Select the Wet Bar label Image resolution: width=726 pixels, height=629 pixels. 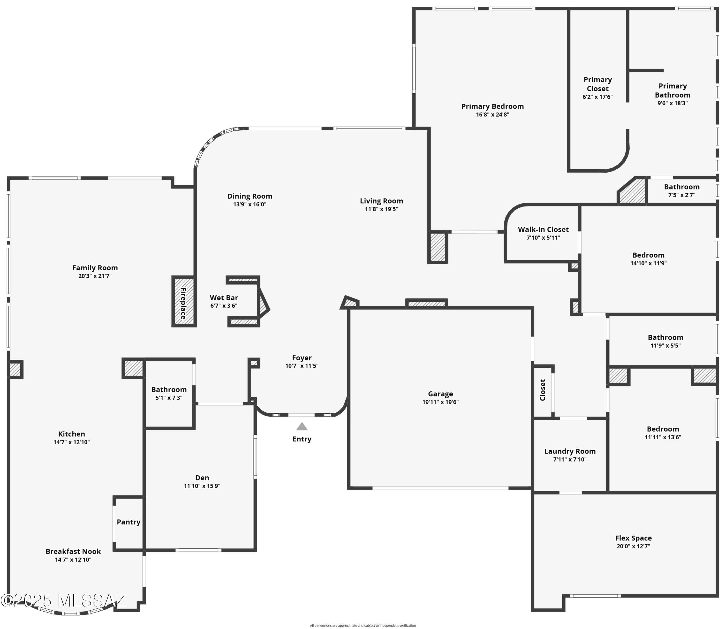tap(224, 298)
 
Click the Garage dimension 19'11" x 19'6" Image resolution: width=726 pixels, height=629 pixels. tap(440, 402)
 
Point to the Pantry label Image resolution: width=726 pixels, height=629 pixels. tap(129, 522)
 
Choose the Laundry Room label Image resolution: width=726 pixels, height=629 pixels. tap(570, 451)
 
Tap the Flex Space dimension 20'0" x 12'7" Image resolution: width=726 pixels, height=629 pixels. tap(633, 546)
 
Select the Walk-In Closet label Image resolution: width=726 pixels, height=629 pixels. tap(543, 230)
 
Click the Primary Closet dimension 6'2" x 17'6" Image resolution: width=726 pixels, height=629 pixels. tap(597, 97)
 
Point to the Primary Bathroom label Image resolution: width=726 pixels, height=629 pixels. tap(672, 91)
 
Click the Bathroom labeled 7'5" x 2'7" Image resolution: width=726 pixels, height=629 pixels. tap(681, 187)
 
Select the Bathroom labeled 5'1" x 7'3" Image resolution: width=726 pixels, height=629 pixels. tap(169, 390)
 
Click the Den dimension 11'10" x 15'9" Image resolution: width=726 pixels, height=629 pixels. tap(202, 486)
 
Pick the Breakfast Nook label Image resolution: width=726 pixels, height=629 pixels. tap(73, 551)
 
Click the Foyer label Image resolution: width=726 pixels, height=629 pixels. tap(302, 358)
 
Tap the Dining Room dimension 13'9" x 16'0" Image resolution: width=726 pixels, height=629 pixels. tap(250, 204)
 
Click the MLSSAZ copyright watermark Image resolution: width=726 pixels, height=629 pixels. tap(63, 601)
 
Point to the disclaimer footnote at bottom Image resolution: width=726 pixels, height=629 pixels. tap(363, 625)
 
